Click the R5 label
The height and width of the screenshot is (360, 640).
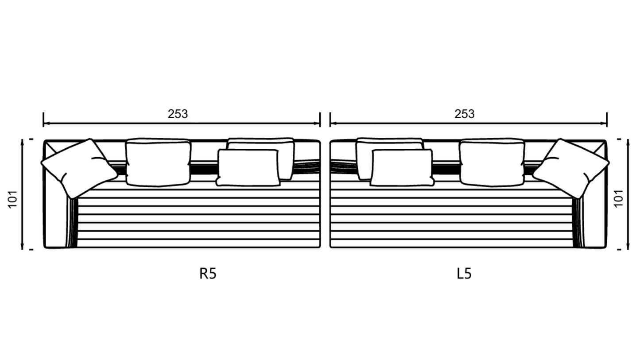(208, 273)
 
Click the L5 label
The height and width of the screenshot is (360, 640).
(464, 273)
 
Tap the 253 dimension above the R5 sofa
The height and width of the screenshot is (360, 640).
(178, 114)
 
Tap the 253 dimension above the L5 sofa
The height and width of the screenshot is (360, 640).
(465, 114)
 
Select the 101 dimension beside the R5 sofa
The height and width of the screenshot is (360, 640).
(12, 199)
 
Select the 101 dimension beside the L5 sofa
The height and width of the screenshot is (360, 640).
(618, 198)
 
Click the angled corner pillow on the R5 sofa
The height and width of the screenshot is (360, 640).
(79, 169)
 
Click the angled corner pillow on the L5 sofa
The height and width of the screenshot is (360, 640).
(571, 169)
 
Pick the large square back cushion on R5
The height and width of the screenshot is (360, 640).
(158, 162)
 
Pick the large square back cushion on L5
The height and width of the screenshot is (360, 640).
(492, 162)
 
